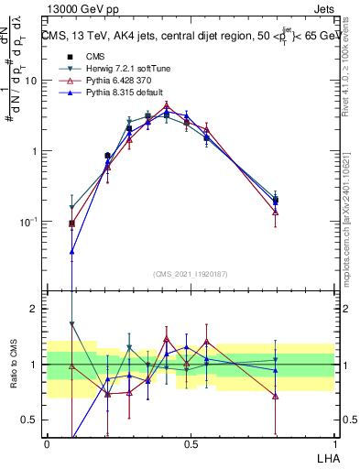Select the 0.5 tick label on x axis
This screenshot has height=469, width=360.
click(x=190, y=444)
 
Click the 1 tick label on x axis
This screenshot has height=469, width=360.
click(x=333, y=444)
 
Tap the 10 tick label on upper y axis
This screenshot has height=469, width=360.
click(x=30, y=81)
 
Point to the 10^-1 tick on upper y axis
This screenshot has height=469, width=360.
click(x=27, y=222)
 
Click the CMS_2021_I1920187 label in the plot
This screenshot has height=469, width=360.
click(x=190, y=273)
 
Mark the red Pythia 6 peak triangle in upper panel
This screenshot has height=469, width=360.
click(x=166, y=106)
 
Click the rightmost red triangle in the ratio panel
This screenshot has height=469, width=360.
click(x=276, y=396)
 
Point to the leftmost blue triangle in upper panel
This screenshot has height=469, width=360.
click(x=72, y=251)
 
